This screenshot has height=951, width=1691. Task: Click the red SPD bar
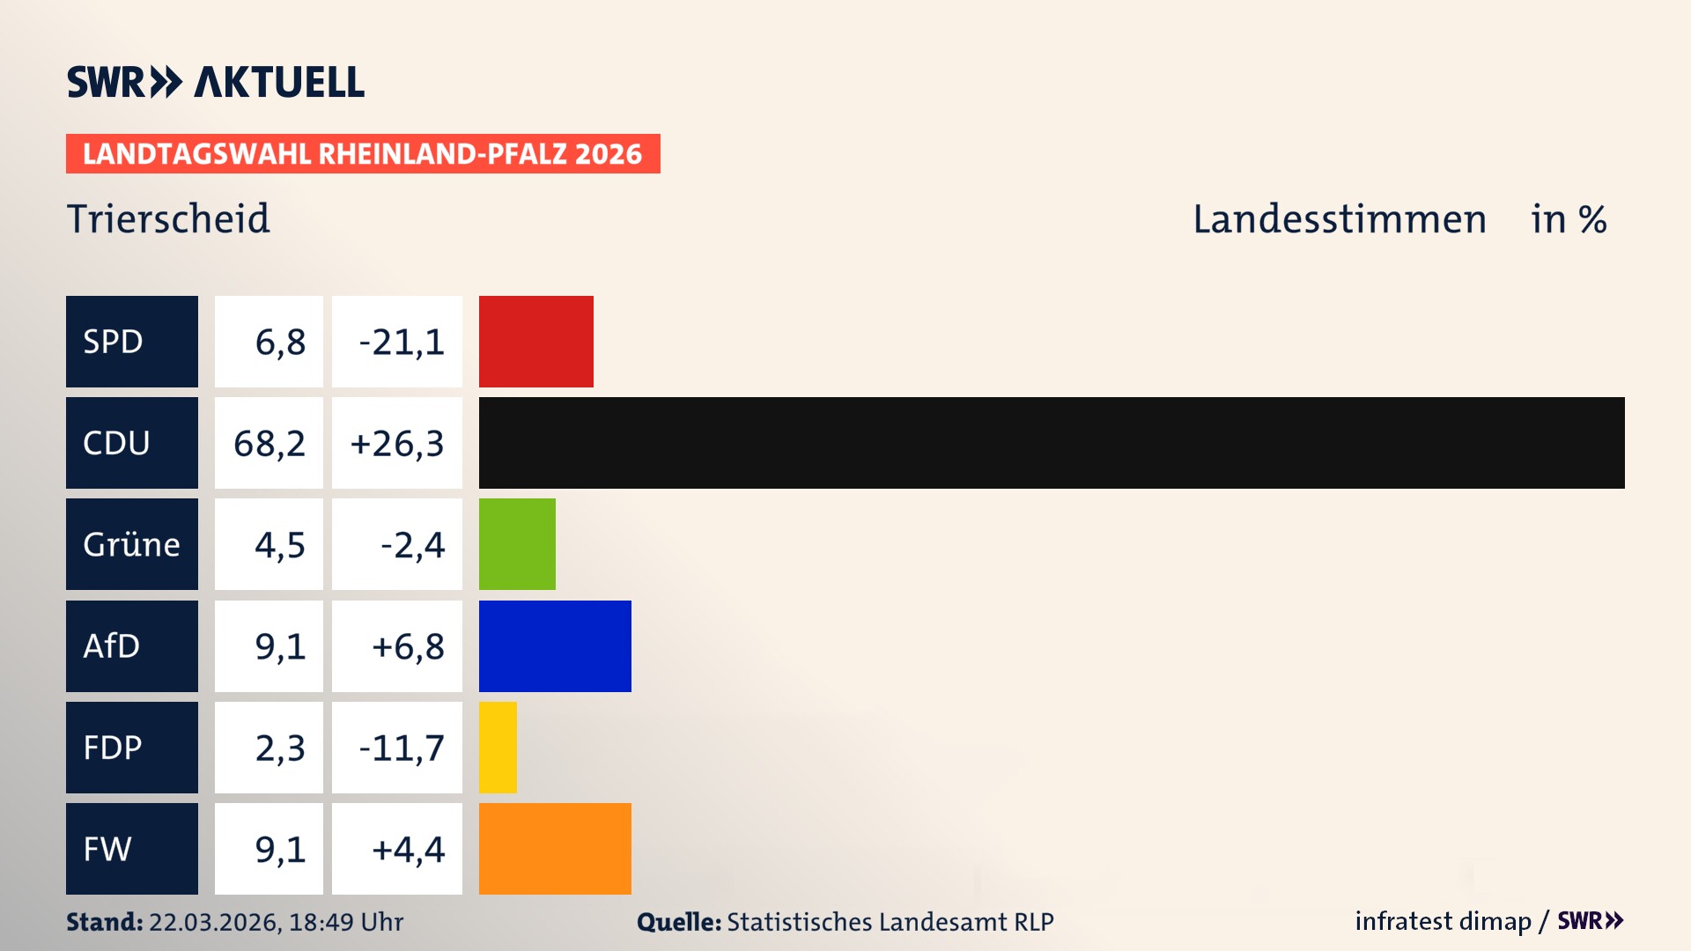pos(535,342)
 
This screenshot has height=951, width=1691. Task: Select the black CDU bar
pos(1051,443)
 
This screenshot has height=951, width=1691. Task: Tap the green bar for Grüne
pos(517,544)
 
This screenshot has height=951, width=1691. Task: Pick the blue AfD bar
pos(555,646)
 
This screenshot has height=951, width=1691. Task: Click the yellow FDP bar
pos(498,748)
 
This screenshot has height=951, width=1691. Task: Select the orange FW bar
pos(555,849)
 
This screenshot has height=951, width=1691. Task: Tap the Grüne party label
pos(131,544)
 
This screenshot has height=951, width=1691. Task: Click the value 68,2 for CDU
pos(270,444)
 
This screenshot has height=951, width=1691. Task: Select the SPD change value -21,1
pos(401,343)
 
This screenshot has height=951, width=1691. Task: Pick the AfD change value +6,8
pos(408,647)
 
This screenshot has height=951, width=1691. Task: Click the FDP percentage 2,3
pos(279,748)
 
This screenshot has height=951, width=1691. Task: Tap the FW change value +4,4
pos(408,850)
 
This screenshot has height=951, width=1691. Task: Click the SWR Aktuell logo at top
pos(215,82)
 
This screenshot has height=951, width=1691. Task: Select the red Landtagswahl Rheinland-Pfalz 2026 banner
pos(362,154)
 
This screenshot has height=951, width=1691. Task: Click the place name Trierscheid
pos(168,218)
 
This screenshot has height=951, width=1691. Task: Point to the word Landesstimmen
pos(1339,219)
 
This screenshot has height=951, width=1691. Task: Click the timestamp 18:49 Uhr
pos(345,922)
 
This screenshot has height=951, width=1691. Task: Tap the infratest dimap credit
pos(1442,921)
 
